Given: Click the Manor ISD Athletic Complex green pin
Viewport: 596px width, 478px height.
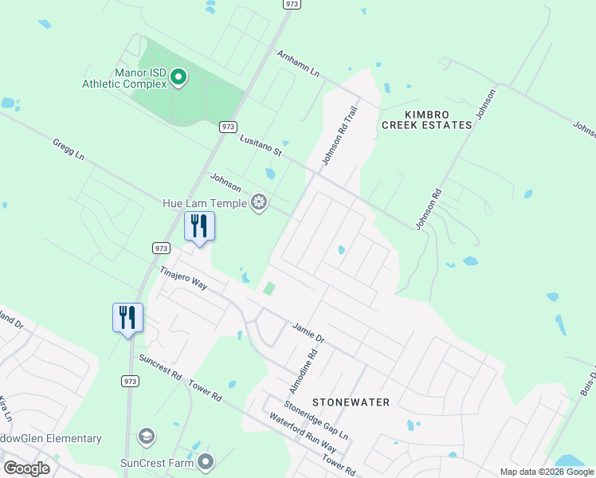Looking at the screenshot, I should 178,77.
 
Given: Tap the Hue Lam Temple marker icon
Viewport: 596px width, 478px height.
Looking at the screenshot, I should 258,202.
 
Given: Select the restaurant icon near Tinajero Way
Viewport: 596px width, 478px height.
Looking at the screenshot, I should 199,226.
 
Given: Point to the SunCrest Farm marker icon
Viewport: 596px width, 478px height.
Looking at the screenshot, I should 206,461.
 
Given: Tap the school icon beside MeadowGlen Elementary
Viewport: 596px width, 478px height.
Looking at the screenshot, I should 146,436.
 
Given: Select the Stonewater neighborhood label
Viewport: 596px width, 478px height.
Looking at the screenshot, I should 351,402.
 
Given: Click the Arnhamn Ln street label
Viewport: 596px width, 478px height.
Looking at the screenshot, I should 298,64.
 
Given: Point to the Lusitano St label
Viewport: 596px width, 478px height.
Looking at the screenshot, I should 261,144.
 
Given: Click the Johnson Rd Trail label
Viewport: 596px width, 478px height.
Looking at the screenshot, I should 336,139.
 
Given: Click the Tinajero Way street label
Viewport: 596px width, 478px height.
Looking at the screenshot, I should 183,279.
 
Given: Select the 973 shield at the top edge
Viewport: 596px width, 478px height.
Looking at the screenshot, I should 292,4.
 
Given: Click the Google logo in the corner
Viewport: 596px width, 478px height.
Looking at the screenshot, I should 27,468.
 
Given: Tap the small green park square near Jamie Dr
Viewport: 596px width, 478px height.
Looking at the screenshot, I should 269,288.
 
